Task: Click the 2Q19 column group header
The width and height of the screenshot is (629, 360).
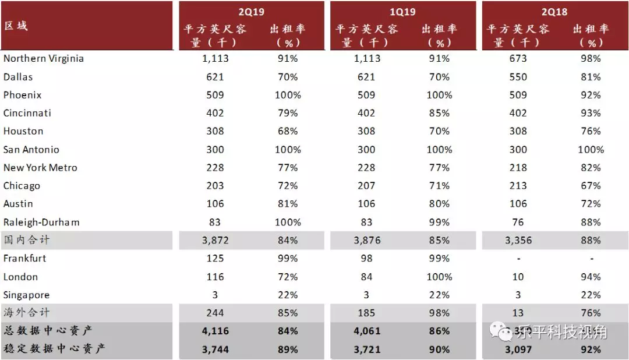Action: click(x=252, y=12)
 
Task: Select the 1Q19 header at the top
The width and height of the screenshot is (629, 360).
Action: click(x=402, y=12)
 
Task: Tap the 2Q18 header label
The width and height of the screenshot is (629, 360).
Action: click(x=554, y=12)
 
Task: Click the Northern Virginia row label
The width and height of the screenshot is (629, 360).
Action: click(x=44, y=58)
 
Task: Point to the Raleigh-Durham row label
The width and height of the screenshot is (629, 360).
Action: click(x=41, y=222)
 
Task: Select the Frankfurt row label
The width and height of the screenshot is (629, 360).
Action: click(x=24, y=258)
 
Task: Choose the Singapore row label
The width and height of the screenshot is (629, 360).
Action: click(x=26, y=295)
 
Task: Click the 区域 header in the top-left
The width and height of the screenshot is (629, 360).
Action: click(x=16, y=26)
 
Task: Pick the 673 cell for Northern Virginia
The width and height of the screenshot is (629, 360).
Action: click(x=518, y=58)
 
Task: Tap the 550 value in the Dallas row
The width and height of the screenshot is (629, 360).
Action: click(x=518, y=77)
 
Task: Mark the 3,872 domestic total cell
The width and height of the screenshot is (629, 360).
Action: click(x=215, y=240)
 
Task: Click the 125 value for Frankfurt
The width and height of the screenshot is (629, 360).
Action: click(x=215, y=258)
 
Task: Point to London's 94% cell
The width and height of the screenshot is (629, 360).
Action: click(x=591, y=277)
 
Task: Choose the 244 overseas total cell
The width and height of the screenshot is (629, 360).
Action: click(x=215, y=313)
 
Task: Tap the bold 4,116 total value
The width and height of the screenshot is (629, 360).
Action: click(x=215, y=331)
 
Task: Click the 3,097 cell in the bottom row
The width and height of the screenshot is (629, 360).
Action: click(x=518, y=350)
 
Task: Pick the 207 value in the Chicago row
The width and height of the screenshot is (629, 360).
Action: click(x=366, y=186)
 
